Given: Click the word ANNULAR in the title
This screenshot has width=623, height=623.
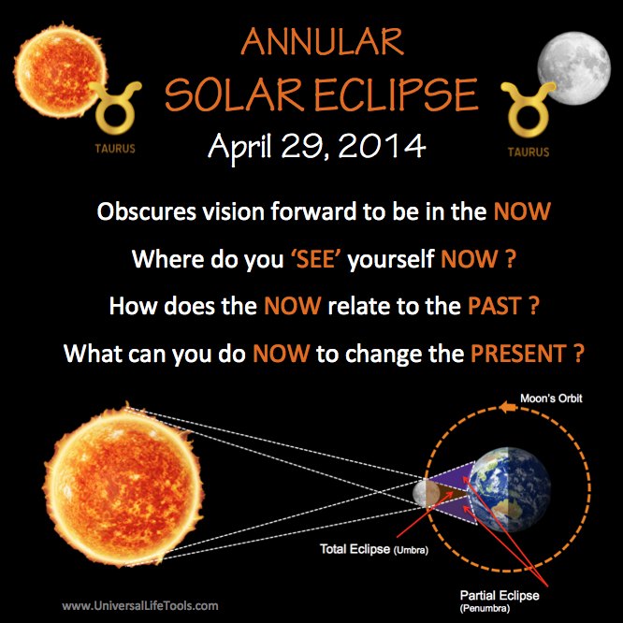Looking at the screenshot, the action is coord(322,42).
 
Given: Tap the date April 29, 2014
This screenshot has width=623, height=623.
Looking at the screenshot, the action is coord(317,146).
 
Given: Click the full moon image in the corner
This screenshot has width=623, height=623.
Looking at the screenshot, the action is coord(573,68).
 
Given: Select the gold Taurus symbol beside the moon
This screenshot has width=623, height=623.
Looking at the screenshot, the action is coord(528,109).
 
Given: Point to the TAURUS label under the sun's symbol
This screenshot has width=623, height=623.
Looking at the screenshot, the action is coord(115,149).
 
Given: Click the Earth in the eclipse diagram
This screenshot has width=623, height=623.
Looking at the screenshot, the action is coord(510,489).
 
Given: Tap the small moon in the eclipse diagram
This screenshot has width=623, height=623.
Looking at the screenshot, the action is coord(427,493).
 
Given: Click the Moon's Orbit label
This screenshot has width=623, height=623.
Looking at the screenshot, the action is coord(551,398).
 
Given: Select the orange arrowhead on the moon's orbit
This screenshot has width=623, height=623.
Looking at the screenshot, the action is coord(507,407).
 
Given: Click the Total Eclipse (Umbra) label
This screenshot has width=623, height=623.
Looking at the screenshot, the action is coord(374,549).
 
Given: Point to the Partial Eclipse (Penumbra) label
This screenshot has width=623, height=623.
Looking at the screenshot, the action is coord(500,601).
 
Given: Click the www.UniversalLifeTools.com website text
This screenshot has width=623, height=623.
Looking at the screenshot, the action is coord(140,605).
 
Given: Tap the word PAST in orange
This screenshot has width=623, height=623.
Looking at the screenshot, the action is coord(494,306).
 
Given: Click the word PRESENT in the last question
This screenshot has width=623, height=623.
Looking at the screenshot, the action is coord(518,354).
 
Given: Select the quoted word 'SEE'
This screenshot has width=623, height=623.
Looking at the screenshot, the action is coord(316,259).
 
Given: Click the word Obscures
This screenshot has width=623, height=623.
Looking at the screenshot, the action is coord(146,211).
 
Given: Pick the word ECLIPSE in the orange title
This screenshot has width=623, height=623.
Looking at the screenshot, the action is coord(396,95).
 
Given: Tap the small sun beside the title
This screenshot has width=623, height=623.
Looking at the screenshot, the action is coord(61,71).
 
